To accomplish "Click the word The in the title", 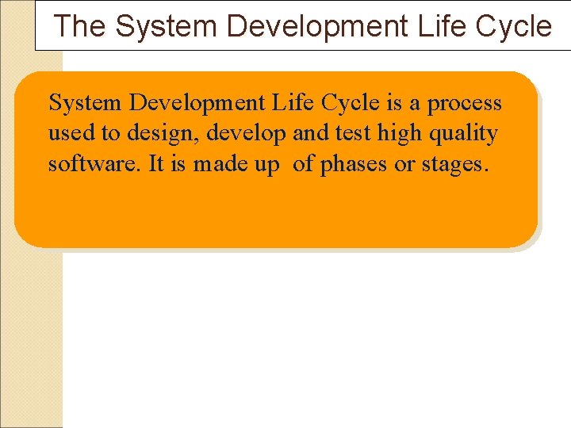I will point(79,26).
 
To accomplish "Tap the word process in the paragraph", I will point(466,104).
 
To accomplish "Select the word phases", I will point(351,165).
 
